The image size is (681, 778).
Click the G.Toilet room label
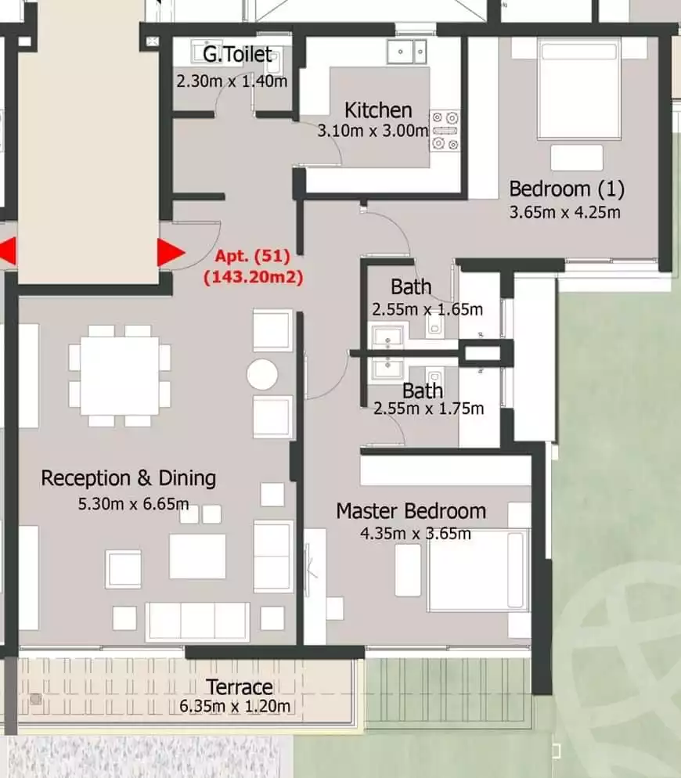tap(237, 54)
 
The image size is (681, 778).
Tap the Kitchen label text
tap(378, 110)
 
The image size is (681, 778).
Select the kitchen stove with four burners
tap(445, 131)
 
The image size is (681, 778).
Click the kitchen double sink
tap(406, 52)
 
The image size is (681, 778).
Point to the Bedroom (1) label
tap(567, 189)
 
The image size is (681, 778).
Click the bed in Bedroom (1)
tap(579, 89)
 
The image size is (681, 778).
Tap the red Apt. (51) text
tap(252, 256)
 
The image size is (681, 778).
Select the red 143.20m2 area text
tap(253, 276)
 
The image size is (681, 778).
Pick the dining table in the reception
tap(120, 376)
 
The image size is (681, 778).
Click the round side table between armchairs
tap(262, 374)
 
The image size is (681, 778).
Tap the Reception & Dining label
tap(128, 478)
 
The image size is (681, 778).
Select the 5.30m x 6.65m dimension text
tap(133, 504)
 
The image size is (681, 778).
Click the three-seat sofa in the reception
tap(197, 622)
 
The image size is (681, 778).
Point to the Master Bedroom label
tap(411, 511)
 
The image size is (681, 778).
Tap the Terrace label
tap(240, 687)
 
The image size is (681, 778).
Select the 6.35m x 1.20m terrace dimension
tap(235, 706)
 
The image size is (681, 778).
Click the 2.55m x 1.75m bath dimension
tap(428, 409)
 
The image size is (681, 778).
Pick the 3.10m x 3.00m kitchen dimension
tap(373, 131)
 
